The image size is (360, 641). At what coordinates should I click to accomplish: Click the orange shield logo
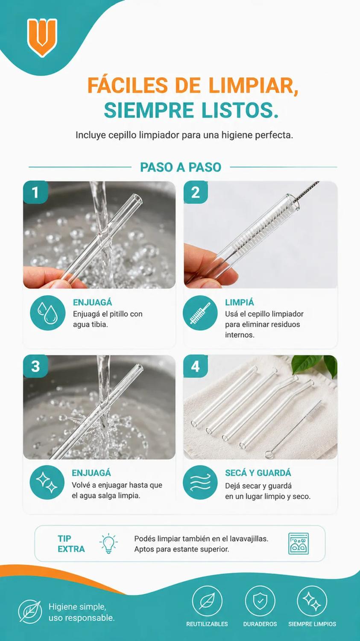tap(42, 37)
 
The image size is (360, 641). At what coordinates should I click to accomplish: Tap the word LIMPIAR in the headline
tap(253, 85)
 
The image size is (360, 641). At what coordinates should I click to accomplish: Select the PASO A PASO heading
tap(181, 167)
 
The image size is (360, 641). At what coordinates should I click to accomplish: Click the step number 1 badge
tap(35, 192)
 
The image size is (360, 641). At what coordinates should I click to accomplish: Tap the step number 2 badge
tap(195, 192)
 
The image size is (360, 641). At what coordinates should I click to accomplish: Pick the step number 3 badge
tap(35, 366)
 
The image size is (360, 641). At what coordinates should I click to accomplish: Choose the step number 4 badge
tap(195, 366)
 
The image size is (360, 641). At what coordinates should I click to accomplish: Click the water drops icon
tap(48, 313)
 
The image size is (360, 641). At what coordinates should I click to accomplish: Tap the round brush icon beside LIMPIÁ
tap(200, 313)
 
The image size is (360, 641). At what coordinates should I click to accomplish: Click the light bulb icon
tap(108, 543)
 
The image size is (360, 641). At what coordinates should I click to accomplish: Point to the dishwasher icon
tap(299, 544)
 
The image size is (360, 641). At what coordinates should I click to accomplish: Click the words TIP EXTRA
tap(71, 544)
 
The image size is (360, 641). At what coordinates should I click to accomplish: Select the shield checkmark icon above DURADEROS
tap(260, 601)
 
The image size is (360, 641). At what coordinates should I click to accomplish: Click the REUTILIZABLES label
tap(207, 624)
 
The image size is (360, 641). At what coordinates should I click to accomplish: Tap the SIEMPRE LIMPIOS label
tap(312, 624)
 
